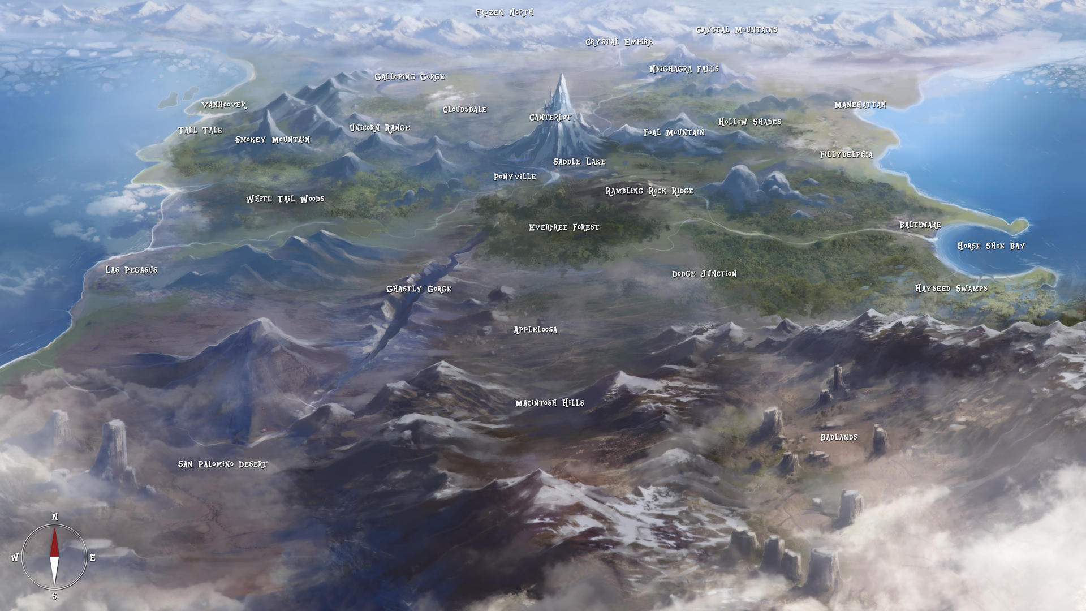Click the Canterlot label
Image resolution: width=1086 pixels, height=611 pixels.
550,118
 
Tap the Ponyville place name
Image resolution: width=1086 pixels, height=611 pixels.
514,177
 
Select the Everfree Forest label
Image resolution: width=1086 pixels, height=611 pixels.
563,227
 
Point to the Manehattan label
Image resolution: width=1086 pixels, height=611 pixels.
860,105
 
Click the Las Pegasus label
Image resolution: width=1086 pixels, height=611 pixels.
131,270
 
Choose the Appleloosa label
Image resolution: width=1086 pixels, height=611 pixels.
535,330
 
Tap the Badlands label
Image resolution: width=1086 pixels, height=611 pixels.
838,437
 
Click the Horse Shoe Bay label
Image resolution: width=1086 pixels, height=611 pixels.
990,246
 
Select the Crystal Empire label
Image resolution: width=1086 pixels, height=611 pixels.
619,42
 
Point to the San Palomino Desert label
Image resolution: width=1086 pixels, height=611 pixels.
222,464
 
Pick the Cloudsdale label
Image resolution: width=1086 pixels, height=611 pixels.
464,110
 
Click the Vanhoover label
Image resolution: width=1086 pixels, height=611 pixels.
224,105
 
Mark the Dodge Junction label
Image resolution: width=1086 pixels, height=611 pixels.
704,274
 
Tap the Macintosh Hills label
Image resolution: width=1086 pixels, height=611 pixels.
549,403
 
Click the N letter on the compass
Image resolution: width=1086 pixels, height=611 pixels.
55,517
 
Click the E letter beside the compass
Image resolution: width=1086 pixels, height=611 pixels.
93,558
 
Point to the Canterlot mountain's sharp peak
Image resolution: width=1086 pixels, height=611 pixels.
561,75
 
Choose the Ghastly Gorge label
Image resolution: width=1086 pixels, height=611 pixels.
419,289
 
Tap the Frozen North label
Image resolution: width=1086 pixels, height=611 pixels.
504,12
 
